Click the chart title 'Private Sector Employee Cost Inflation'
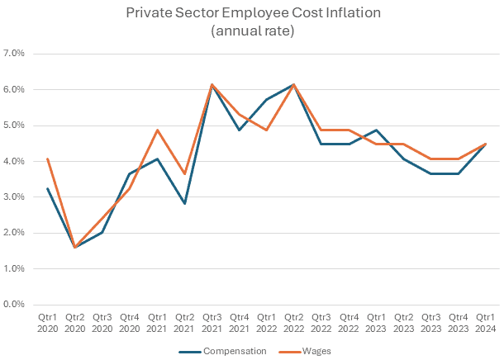click(252, 14)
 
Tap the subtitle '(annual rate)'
click(252, 31)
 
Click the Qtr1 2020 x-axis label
click(48, 323)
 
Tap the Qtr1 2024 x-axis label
click(484, 323)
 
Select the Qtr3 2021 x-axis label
click(212, 323)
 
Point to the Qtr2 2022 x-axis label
click(293, 323)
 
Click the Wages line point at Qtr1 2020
click(48, 159)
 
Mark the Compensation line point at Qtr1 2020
click(48, 188)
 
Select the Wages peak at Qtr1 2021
click(157, 130)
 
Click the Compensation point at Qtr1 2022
click(266, 99)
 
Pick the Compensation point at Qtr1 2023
click(375, 130)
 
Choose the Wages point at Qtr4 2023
click(457, 159)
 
